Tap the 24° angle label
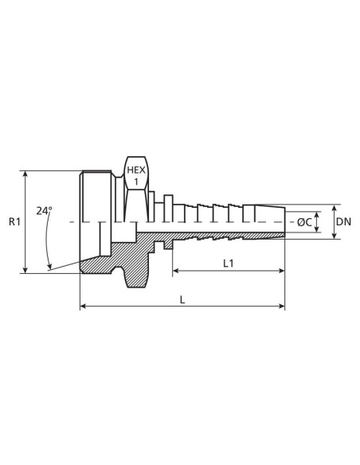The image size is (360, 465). pyautogui.click(x=45, y=212)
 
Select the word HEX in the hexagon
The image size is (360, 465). pyautogui.click(x=136, y=170)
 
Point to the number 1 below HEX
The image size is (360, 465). pyautogui.click(x=136, y=182)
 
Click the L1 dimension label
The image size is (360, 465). pyautogui.click(x=228, y=262)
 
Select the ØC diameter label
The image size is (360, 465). pyautogui.click(x=303, y=222)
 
